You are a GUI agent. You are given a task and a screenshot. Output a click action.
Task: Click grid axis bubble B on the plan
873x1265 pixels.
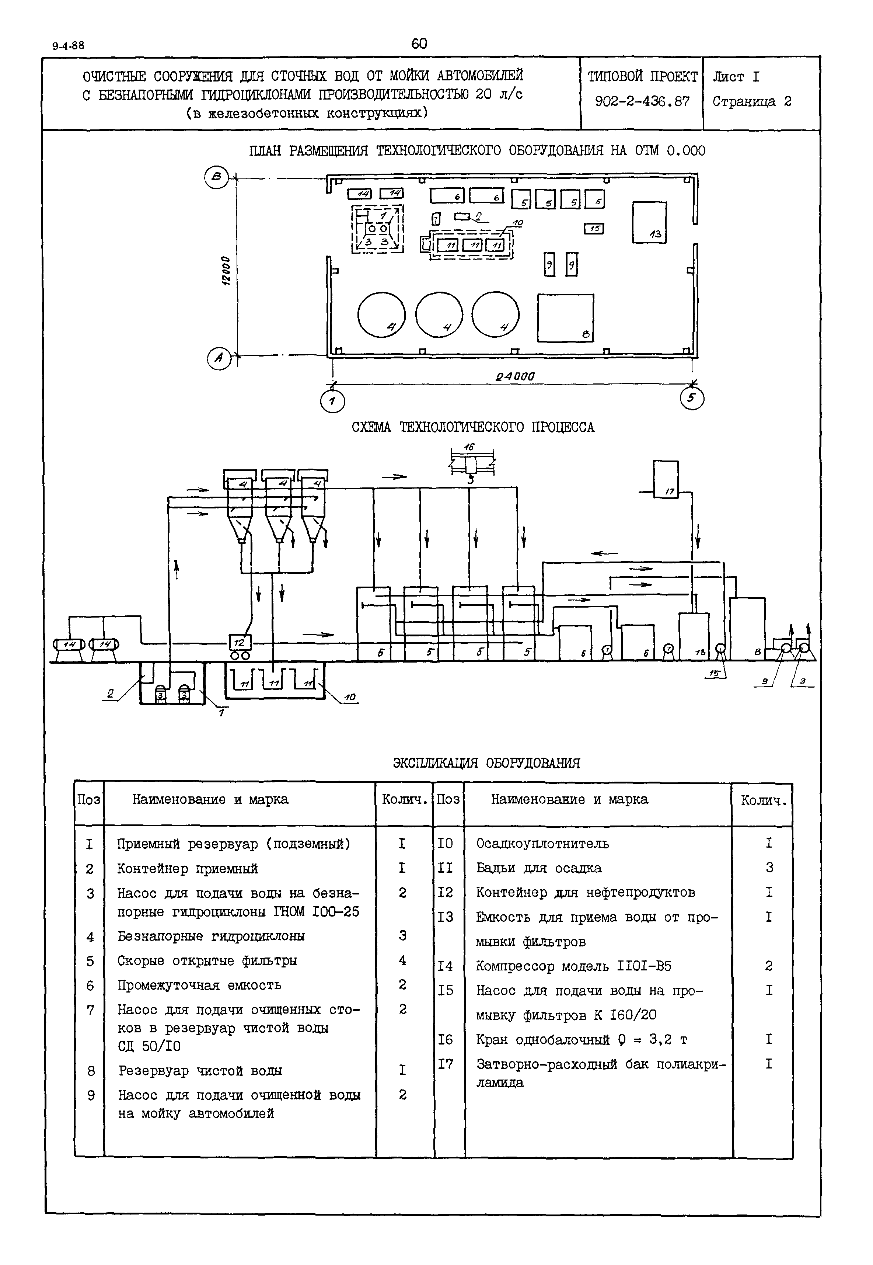[217, 177]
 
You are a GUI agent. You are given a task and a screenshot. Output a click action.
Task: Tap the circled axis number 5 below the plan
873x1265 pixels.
[692, 398]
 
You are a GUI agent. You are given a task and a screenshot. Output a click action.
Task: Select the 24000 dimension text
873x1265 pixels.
[515, 376]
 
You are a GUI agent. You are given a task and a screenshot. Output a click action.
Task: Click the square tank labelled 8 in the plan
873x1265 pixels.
[565, 318]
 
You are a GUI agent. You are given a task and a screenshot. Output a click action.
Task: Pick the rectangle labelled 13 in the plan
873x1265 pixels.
[649, 222]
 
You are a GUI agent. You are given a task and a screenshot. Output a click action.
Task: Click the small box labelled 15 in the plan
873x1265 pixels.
[594, 228]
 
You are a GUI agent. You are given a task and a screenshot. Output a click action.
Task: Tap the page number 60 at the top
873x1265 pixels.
[419, 44]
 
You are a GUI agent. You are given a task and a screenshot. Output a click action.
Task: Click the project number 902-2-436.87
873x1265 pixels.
[642, 101]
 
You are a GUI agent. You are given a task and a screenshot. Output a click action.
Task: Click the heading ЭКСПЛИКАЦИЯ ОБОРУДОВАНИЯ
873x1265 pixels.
[486, 763]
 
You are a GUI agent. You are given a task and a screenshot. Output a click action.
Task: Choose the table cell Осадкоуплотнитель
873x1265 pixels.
[542, 844]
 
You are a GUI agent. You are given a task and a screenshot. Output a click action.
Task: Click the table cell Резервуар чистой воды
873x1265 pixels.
[200, 1070]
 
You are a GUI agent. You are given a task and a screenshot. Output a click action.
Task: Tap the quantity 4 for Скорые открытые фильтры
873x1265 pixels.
[402, 960]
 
